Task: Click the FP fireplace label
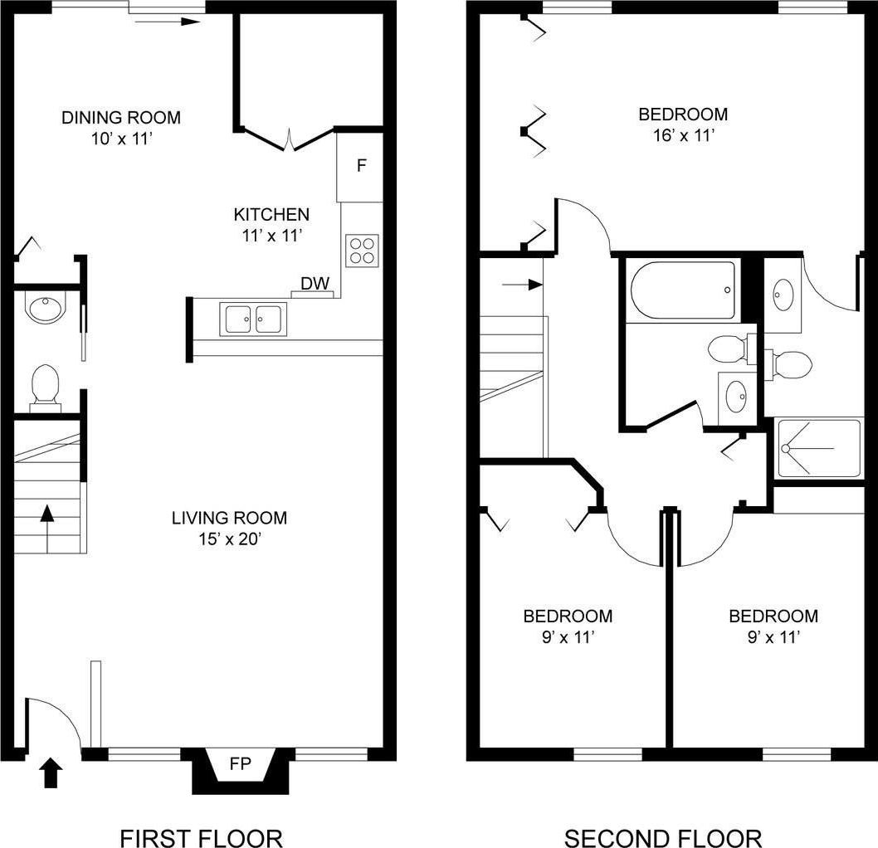(x=240, y=763)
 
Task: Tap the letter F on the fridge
(x=362, y=165)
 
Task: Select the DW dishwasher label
(x=315, y=283)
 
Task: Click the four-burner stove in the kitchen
(x=362, y=251)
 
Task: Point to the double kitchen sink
(x=253, y=319)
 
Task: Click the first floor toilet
(x=46, y=384)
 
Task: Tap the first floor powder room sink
(x=46, y=309)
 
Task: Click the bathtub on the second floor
(x=683, y=290)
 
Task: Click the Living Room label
(x=230, y=518)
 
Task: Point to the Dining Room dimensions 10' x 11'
(x=122, y=139)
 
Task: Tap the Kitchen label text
(x=271, y=214)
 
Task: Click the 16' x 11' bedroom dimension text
(x=684, y=135)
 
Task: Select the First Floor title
(x=201, y=839)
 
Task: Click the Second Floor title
(x=663, y=839)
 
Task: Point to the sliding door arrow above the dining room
(x=168, y=22)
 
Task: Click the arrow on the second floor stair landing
(x=523, y=285)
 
